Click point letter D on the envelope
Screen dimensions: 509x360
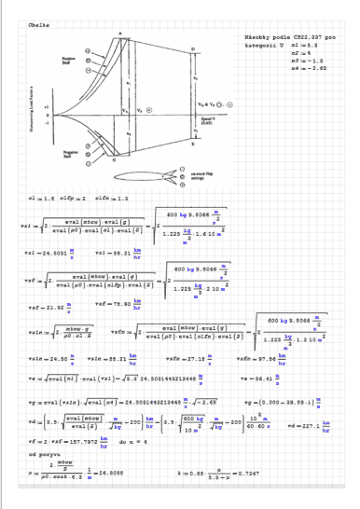point(193,48)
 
